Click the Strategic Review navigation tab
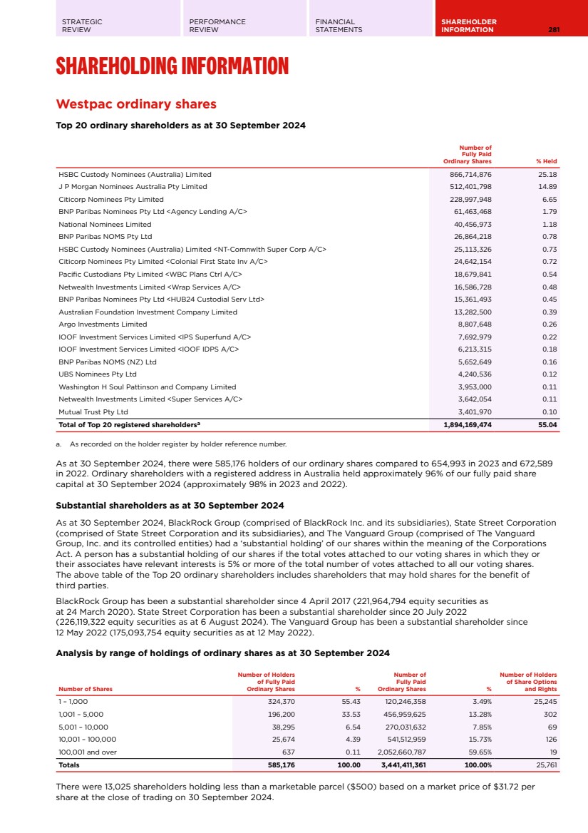click(82, 26)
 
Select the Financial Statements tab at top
click(339, 26)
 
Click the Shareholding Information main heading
click(172, 67)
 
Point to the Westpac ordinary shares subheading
click(135, 104)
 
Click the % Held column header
click(547, 161)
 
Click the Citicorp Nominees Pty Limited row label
click(111, 199)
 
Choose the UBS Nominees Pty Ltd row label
click(97, 374)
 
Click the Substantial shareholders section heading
click(170, 506)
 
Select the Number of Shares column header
click(86, 689)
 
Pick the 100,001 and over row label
click(87, 752)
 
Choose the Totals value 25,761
click(545, 765)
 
